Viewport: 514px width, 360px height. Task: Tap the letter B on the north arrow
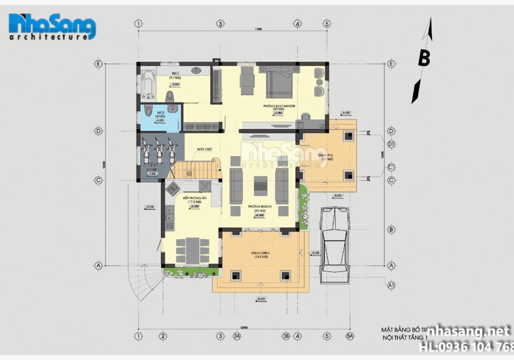(x=424, y=58)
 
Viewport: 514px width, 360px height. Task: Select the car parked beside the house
(x=336, y=245)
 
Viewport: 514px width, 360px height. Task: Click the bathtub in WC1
(x=149, y=84)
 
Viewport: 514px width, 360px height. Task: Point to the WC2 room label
(x=160, y=113)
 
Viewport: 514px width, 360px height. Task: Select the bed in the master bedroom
(x=280, y=82)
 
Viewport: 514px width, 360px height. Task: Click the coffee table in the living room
(x=261, y=186)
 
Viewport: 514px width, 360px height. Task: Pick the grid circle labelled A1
(x=391, y=284)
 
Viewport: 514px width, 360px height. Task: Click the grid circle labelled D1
(x=391, y=145)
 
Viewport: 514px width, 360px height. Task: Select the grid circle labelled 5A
(x=351, y=336)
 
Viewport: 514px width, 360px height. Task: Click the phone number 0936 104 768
(x=465, y=346)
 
